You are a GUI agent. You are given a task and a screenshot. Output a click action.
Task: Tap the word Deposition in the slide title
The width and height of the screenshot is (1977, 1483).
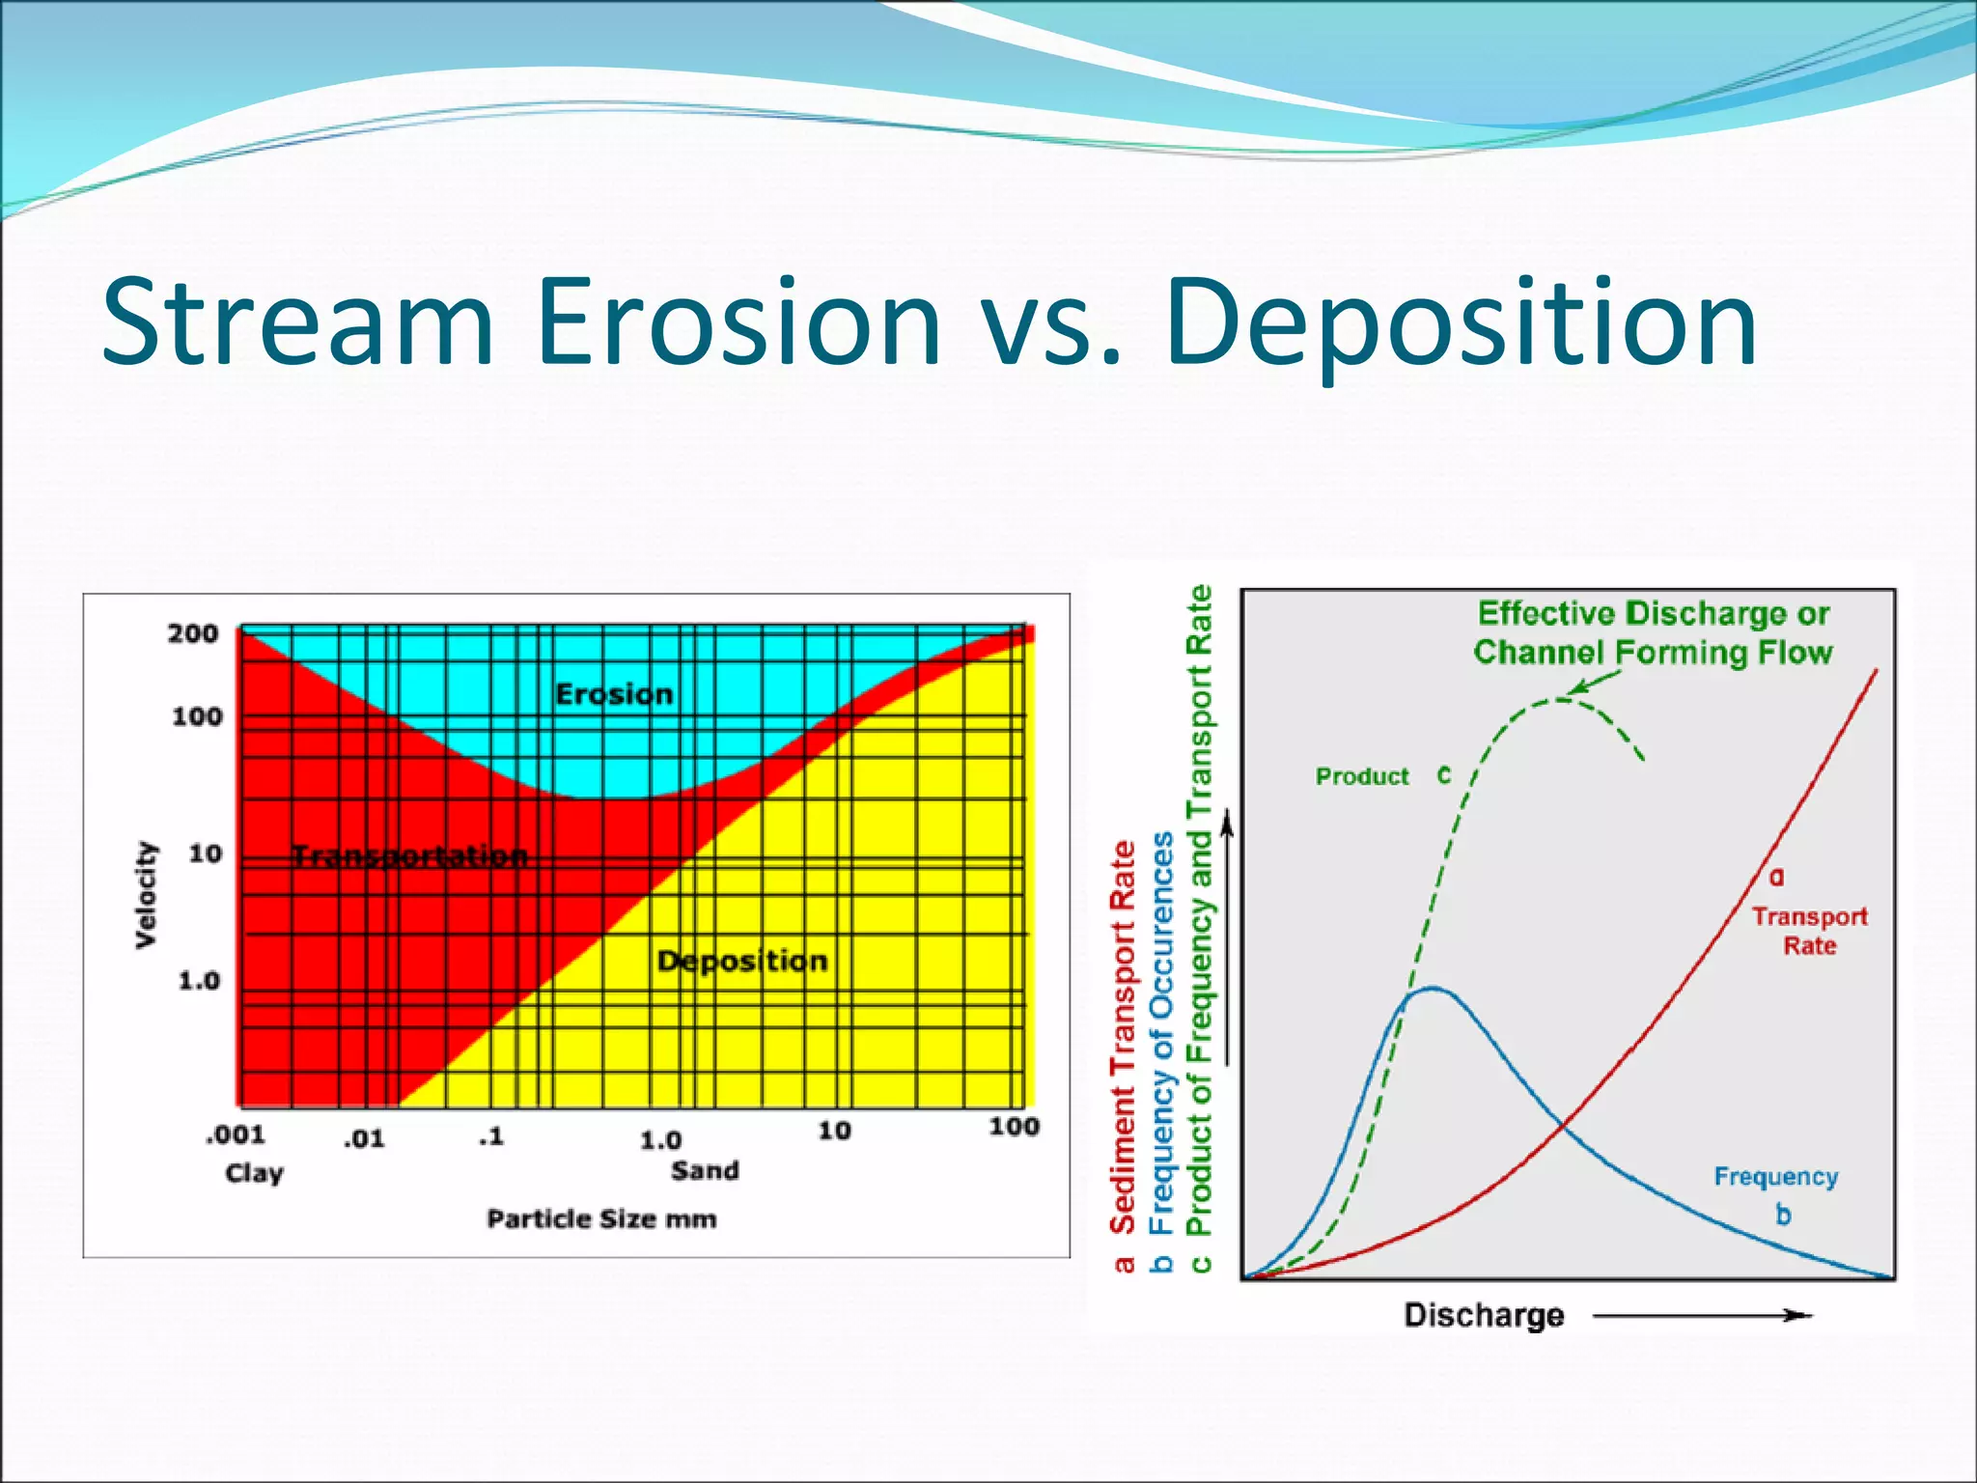(x=1461, y=323)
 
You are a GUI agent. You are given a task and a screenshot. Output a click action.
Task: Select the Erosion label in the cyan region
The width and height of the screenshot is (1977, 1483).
(x=614, y=694)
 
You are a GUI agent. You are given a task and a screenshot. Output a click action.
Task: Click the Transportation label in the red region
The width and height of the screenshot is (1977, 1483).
(x=410, y=855)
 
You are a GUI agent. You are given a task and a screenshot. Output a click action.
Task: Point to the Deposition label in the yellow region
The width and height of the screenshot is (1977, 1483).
(x=741, y=961)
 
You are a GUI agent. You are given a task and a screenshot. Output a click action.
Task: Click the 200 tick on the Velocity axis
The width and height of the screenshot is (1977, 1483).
(x=193, y=634)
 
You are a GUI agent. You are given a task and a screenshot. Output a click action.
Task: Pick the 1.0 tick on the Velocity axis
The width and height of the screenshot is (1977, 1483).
(x=199, y=981)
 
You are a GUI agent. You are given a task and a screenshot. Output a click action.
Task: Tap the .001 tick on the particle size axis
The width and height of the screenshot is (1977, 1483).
(x=235, y=1134)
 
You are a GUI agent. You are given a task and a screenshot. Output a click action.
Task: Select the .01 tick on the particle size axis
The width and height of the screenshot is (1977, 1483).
(x=364, y=1139)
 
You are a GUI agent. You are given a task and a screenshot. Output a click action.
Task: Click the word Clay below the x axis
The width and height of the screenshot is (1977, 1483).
(x=254, y=1173)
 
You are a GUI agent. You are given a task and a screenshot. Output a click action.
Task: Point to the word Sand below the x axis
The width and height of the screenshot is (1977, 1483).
(x=705, y=1171)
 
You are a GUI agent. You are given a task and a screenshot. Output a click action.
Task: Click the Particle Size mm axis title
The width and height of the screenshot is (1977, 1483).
(x=601, y=1219)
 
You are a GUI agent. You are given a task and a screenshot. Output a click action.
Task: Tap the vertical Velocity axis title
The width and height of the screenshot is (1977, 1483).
(x=146, y=894)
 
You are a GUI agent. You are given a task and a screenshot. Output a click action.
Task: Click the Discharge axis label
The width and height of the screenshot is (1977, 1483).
(x=1483, y=1315)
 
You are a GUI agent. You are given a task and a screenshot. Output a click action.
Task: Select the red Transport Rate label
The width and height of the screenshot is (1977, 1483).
(x=1809, y=931)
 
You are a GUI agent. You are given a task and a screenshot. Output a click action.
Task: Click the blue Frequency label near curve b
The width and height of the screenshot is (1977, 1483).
(x=1775, y=1177)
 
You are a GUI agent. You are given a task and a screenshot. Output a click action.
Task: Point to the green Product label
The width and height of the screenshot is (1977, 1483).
(x=1362, y=777)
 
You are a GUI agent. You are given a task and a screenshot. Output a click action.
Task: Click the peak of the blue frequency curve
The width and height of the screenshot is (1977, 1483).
(x=1433, y=988)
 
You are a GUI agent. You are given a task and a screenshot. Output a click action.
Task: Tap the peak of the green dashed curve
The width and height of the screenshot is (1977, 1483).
(x=1559, y=699)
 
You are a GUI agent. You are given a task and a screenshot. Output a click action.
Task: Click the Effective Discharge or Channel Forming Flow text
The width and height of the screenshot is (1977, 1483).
(x=1653, y=633)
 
